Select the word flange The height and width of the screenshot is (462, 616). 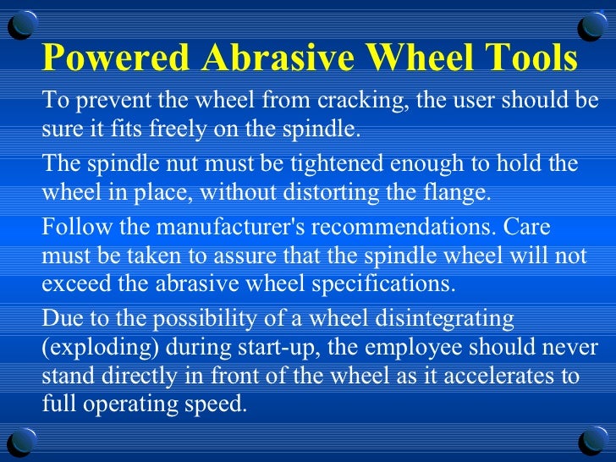[x=458, y=192]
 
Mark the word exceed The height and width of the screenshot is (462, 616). [x=69, y=283]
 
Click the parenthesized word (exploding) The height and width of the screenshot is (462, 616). [x=89, y=349]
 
